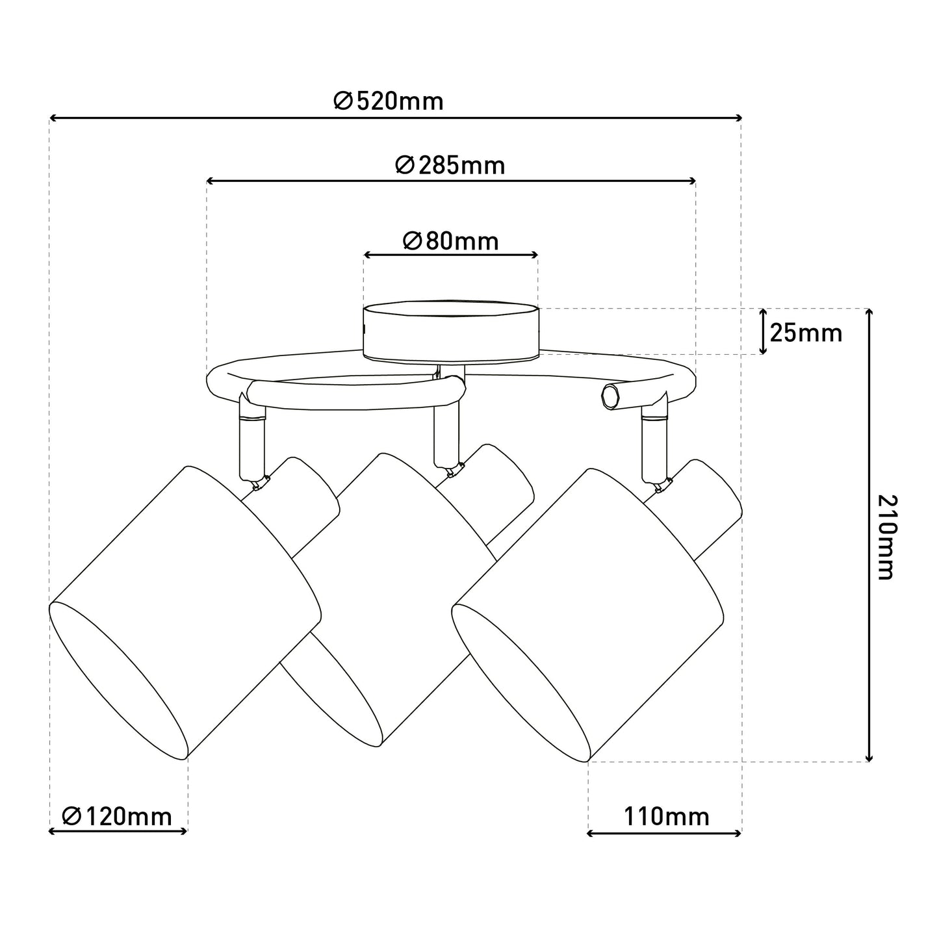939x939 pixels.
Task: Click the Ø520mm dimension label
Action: (x=389, y=102)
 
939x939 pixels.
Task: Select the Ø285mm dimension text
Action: (x=450, y=166)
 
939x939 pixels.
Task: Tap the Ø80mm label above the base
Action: (x=451, y=241)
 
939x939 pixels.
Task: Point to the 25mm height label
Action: (x=806, y=333)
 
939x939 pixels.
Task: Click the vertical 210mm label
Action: (x=887, y=537)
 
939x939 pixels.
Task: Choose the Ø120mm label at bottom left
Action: (x=117, y=816)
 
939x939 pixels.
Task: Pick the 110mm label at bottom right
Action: (x=666, y=816)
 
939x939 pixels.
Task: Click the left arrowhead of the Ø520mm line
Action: (x=53, y=118)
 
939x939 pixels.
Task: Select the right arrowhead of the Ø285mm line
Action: (x=693, y=181)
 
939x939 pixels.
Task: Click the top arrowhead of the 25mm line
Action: (x=763, y=312)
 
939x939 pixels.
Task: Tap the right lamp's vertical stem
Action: (x=656, y=448)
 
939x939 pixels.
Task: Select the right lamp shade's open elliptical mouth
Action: (x=521, y=682)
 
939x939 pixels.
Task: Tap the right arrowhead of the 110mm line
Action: (x=738, y=834)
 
